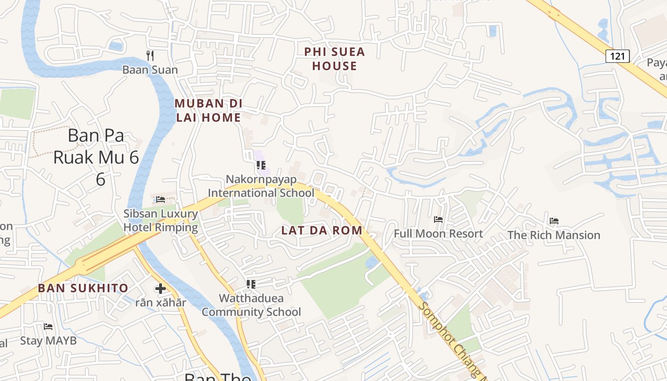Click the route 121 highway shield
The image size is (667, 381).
pos(617,56)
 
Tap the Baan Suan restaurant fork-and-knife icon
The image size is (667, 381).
pos(150,55)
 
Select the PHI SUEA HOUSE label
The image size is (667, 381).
pos(334,59)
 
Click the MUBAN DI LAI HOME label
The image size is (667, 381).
pos(209,110)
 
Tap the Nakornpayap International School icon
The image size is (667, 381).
pos(261,165)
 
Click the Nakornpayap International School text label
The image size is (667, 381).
pos(261,186)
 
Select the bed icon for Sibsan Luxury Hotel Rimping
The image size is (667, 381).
pos(161,199)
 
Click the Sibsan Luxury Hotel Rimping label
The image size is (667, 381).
pos(161,221)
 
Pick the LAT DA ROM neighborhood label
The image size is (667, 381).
pos(322,231)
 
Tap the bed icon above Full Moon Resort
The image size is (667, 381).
pos(438,220)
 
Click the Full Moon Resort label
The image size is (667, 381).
pos(438,234)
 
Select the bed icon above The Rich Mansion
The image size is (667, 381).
pos(554,221)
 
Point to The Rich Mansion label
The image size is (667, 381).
pos(554,235)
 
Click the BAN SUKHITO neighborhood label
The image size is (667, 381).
pos(83,288)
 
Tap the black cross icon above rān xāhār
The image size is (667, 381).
pos(161,288)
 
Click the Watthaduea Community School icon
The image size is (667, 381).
pos(251,284)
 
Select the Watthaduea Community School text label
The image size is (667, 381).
pos(251,305)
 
